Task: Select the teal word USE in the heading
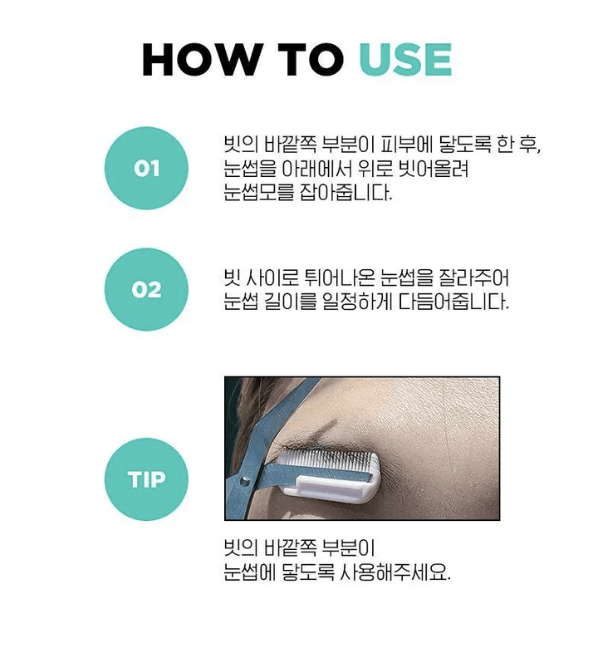pos(405,60)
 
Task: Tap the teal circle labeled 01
pos(146,169)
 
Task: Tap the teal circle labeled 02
pos(146,289)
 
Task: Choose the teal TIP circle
pos(146,479)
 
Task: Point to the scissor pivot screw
pos(245,482)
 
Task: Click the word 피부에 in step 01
pos(399,145)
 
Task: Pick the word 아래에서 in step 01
pos(316,169)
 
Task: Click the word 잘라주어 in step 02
pos(474,277)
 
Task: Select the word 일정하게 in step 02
pos(357,301)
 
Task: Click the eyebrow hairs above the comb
pos(301,444)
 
